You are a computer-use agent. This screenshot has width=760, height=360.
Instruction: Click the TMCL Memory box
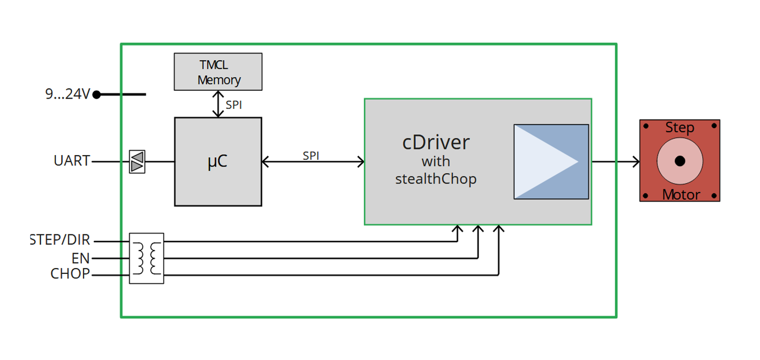point(218,72)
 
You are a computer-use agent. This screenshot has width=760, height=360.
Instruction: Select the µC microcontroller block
point(218,161)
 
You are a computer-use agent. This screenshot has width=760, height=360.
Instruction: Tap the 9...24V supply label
point(67,94)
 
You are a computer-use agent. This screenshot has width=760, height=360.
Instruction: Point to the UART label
point(72,161)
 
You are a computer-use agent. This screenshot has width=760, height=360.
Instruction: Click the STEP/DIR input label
point(60,240)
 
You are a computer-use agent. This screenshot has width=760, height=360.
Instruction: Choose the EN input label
point(80,258)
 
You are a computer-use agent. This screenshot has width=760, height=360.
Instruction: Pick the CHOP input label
point(70,274)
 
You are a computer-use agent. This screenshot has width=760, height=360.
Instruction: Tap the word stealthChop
point(435,179)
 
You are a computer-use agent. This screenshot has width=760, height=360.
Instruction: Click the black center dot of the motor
point(680,161)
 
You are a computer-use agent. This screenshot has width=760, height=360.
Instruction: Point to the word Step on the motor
point(680,128)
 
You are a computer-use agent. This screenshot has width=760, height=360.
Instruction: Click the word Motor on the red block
point(681,195)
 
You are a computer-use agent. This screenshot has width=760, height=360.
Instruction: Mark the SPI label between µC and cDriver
point(311,156)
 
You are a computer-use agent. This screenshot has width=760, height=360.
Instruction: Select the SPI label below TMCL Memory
point(234,105)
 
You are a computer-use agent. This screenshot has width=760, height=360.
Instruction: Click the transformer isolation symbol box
point(146,258)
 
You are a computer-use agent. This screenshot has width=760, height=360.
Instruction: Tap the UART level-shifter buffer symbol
point(137,161)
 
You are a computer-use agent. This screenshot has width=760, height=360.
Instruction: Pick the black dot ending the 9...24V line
point(96,94)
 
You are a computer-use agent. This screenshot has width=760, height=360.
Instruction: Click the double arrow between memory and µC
point(218,104)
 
